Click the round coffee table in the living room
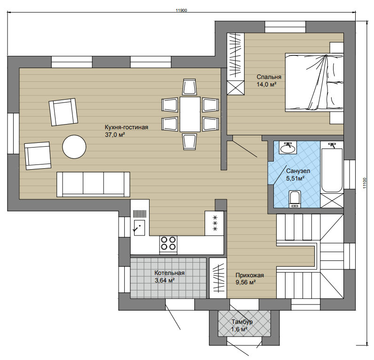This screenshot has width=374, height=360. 74,147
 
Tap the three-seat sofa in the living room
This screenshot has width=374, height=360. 93,184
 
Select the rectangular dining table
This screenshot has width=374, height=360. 190,114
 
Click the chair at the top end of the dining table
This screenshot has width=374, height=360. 190,87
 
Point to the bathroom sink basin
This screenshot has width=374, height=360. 287,148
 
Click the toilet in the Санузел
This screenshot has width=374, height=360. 295,199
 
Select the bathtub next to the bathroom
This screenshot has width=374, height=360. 332,170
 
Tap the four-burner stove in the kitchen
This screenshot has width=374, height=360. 168,245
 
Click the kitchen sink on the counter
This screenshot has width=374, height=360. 139,228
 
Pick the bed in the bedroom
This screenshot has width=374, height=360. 314,82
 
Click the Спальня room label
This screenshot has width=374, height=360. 269,77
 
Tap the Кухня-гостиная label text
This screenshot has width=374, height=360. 127,127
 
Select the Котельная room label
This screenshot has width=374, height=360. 169,273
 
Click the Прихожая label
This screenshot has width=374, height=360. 250,275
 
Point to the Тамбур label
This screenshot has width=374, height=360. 242,322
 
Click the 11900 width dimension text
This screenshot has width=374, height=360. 181,10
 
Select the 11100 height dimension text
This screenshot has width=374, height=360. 365,183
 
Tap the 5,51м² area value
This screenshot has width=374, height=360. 295,178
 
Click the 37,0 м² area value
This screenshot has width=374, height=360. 115,134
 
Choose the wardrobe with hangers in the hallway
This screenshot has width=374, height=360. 218,278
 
